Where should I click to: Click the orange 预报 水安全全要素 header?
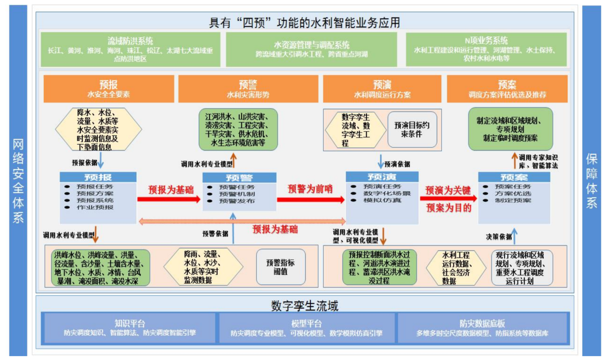pos(109,89)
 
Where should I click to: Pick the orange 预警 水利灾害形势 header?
pos(248,89)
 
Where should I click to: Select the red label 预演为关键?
pos(448,190)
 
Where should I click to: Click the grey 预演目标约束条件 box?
pos(412,129)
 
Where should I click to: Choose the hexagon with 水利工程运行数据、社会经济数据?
pos(456,268)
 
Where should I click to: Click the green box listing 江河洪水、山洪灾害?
pos(238,129)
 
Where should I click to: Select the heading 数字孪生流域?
pos(305,306)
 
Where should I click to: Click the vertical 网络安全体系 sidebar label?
pos(18,180)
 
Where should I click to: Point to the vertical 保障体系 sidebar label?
pos(591,180)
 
